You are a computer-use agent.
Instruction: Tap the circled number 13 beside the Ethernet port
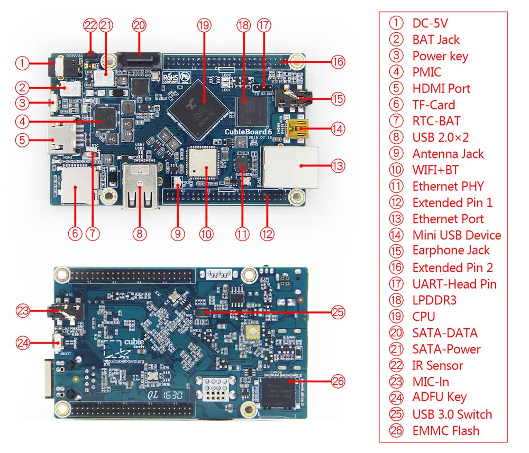pyautogui.click(x=338, y=166)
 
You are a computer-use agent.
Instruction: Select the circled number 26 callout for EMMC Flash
pyautogui.click(x=338, y=381)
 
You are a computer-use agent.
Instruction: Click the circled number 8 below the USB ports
pyautogui.click(x=139, y=233)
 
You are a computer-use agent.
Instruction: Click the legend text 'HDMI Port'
pyautogui.click(x=441, y=88)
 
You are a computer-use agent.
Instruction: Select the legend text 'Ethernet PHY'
pyautogui.click(x=448, y=186)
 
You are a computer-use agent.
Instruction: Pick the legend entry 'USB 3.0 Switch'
pyautogui.click(x=452, y=414)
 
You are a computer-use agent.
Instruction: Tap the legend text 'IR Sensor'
pyautogui.click(x=437, y=365)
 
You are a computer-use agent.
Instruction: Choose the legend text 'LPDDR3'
pyautogui.click(x=434, y=300)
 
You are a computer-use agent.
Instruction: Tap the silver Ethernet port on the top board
pyautogui.click(x=292, y=167)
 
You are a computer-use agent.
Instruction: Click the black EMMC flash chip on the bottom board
pyautogui.click(x=279, y=394)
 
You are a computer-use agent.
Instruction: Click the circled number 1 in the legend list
pyautogui.click(x=396, y=23)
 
